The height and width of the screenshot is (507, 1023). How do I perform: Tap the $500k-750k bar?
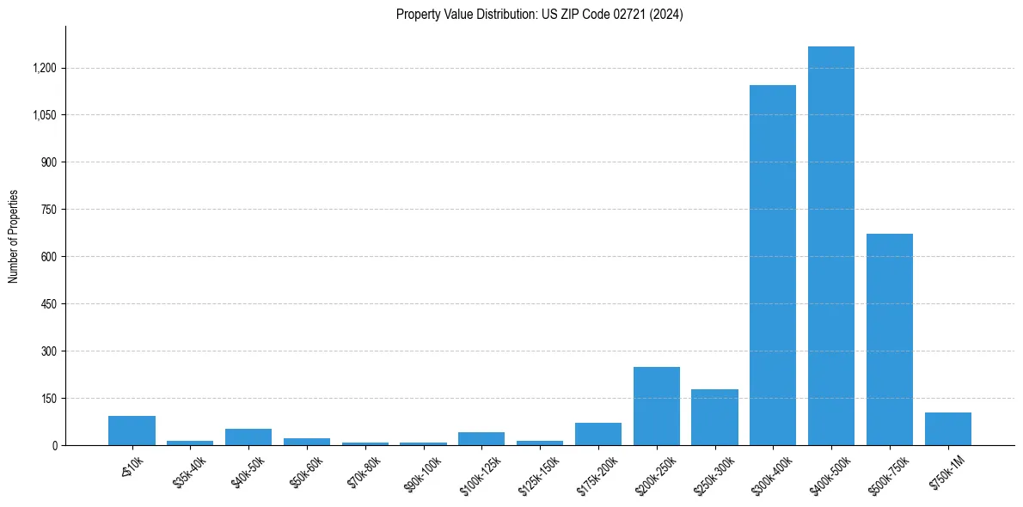pos(889,339)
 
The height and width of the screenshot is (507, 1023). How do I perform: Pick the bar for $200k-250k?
pos(656,406)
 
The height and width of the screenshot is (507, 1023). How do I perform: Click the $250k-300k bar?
pos(714,417)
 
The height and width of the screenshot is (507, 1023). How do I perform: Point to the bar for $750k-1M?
pos(947,429)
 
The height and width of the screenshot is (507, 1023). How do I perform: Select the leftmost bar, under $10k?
pos(132,431)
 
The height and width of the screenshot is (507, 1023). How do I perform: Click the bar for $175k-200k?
pos(597,434)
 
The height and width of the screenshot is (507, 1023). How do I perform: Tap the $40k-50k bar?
pos(248,437)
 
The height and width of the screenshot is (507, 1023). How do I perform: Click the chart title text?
pos(540,15)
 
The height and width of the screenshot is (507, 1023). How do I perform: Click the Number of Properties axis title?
pos(14,236)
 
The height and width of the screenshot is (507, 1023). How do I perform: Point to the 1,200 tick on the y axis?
pos(45,68)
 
